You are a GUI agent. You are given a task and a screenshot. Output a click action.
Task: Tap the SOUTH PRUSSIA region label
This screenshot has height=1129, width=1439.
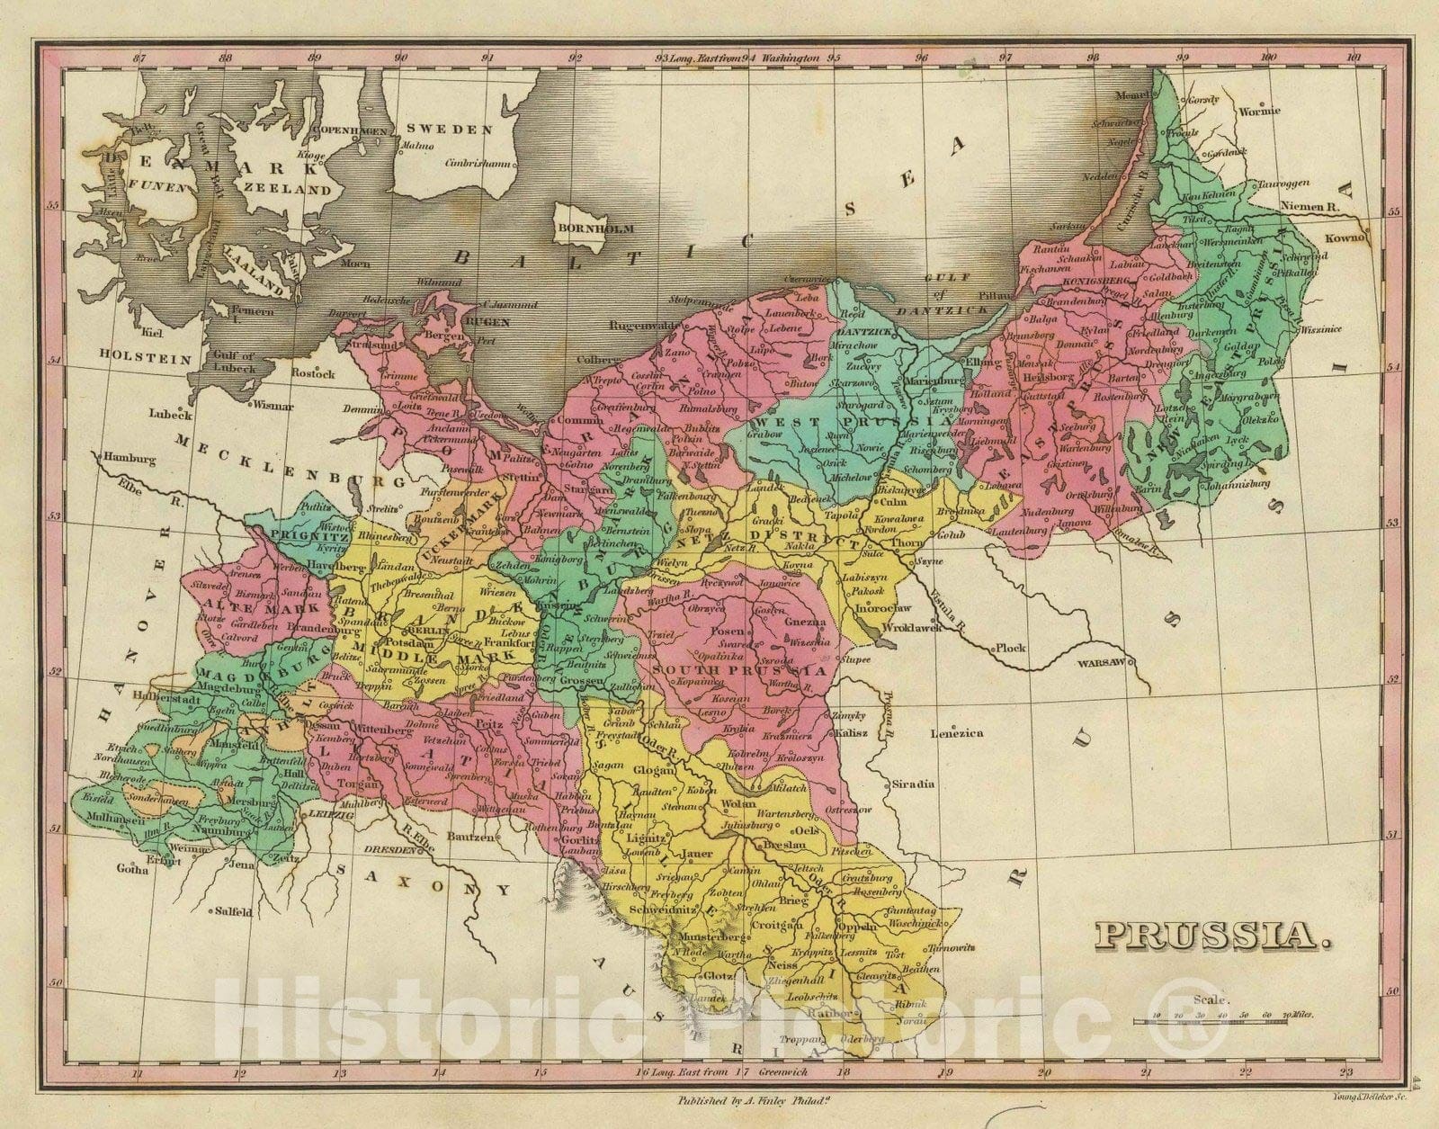(740, 670)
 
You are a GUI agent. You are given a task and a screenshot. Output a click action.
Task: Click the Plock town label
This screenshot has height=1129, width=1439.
(1008, 648)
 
